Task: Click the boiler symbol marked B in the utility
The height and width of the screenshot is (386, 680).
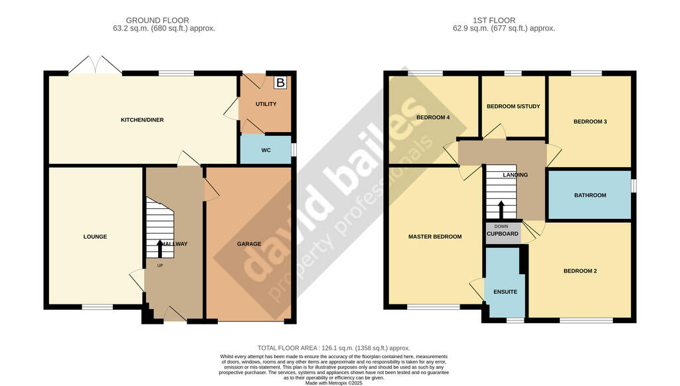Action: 280,83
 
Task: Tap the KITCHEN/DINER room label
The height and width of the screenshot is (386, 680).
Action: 141,120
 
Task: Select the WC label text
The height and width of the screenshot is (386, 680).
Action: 266,151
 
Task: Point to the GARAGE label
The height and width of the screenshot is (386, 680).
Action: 249,243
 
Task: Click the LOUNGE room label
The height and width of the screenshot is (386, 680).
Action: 95,237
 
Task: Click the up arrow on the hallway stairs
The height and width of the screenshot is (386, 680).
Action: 159,249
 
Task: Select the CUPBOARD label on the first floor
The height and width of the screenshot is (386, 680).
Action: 503,234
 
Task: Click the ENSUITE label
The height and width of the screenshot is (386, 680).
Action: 505,292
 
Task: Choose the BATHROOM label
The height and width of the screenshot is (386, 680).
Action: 590,195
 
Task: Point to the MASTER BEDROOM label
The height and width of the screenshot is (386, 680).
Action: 435,237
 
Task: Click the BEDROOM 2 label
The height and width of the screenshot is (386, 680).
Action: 580,271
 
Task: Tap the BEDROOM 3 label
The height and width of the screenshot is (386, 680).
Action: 590,121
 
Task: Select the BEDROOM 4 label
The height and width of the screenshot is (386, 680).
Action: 433,118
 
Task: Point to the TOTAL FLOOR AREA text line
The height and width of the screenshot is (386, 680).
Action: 333,348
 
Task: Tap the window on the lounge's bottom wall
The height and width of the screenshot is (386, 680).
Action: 97,306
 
